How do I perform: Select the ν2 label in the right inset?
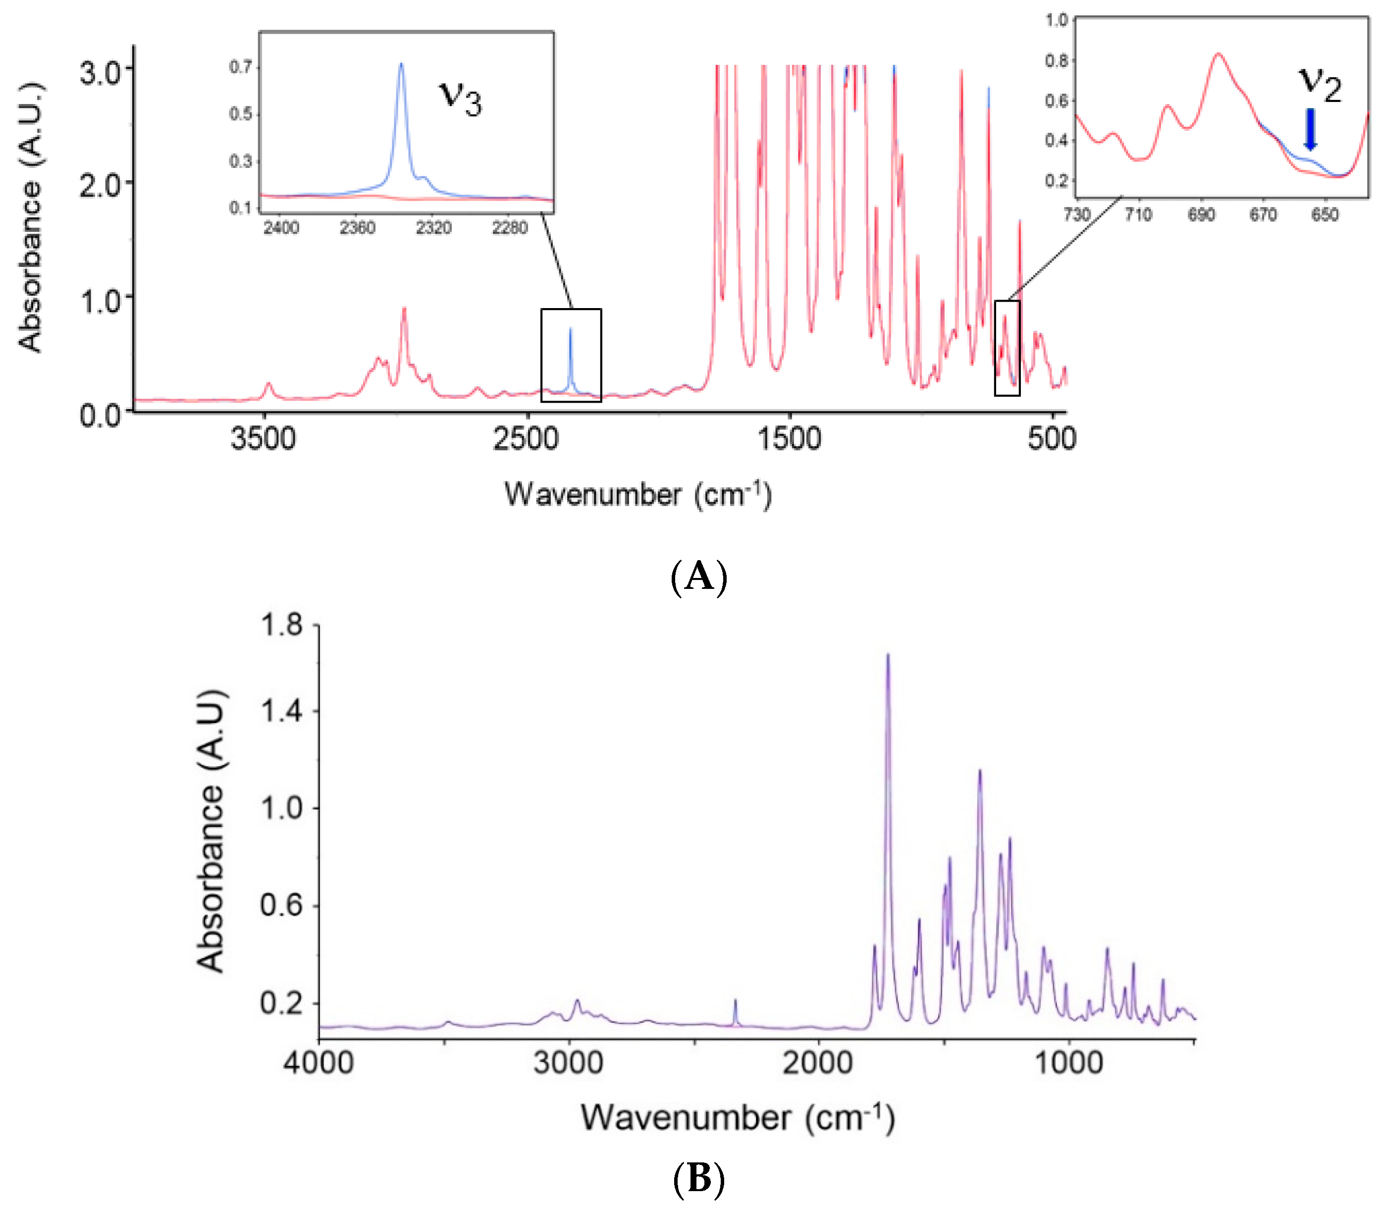tap(1320, 85)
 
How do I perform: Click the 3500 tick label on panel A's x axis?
tap(263, 439)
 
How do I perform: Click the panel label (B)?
tap(699, 1179)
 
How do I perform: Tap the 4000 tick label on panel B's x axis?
tap(318, 1064)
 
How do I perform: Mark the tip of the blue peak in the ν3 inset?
tap(402, 64)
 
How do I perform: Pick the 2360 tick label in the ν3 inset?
tap(357, 228)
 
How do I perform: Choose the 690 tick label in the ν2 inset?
tap(1201, 215)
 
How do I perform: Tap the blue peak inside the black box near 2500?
tap(570, 329)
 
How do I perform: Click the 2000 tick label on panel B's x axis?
tap(818, 1064)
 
